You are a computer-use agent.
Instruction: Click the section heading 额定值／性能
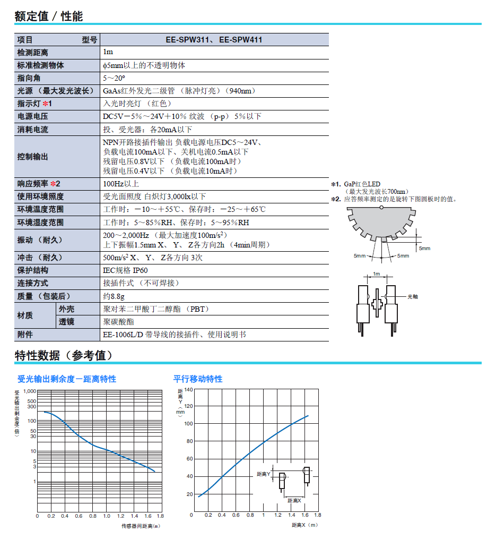(x=49, y=16)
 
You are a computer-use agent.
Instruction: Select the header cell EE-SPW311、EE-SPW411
(x=214, y=40)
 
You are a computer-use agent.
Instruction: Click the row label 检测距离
(x=32, y=53)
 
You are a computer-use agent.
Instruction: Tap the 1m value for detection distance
(x=108, y=53)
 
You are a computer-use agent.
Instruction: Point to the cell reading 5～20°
(x=114, y=78)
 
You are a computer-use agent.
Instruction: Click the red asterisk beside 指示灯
(x=46, y=104)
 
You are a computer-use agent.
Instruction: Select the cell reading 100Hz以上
(x=121, y=184)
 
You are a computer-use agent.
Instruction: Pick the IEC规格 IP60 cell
(x=125, y=270)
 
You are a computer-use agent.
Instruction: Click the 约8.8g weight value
(x=114, y=296)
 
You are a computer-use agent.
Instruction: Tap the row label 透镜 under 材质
(x=67, y=322)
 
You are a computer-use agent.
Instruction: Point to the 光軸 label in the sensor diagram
(x=412, y=296)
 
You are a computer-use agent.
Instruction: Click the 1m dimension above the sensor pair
(x=377, y=274)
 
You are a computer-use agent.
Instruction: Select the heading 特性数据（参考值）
(x=64, y=355)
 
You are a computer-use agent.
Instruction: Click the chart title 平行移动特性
(x=198, y=379)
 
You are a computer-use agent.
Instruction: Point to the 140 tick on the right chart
(x=188, y=389)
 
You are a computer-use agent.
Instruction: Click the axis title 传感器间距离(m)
(x=141, y=526)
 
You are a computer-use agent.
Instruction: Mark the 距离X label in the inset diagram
(x=294, y=500)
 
